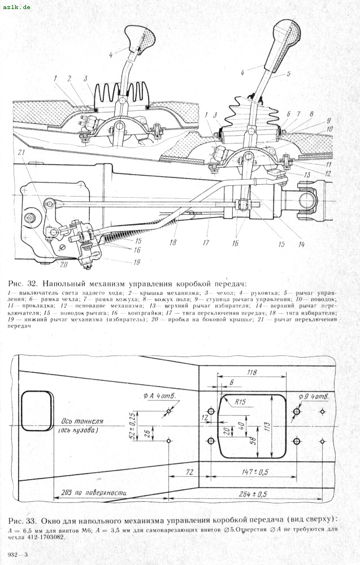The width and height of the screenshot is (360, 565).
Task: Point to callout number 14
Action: [x=301, y=245]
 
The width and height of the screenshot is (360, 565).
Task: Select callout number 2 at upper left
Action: [x=70, y=78]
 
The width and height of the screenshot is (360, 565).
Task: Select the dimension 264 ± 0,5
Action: [x=253, y=493]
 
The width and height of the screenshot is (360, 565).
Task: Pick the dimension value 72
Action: [x=189, y=470]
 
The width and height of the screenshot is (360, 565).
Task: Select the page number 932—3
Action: [x=18, y=557]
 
